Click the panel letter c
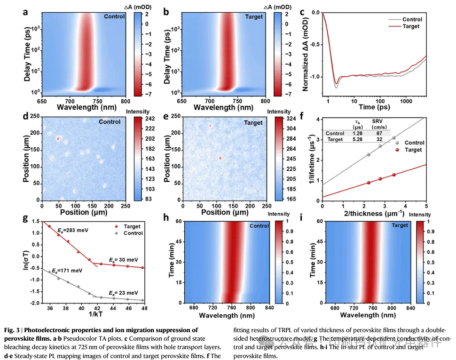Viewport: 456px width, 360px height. (x=302, y=13)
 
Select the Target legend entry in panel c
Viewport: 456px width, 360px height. (x=411, y=26)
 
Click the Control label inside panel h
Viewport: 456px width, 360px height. (x=259, y=226)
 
